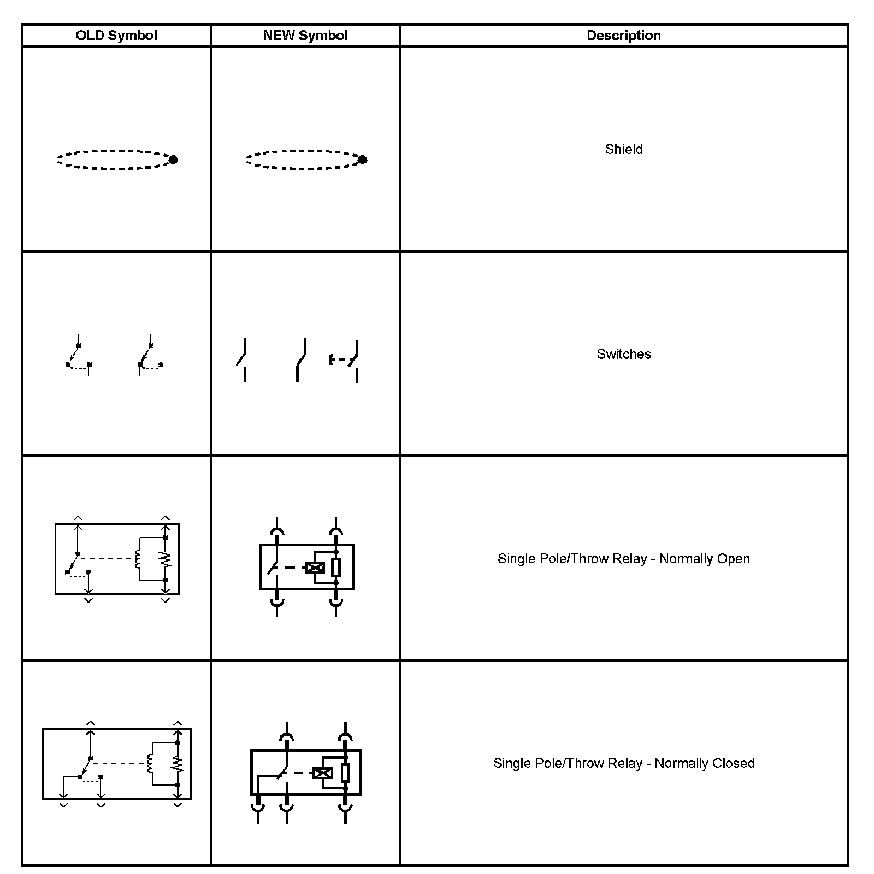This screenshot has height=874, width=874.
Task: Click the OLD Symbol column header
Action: [x=116, y=36]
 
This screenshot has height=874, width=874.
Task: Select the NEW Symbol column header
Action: [x=305, y=36]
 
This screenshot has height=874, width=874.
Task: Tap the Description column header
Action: [x=623, y=36]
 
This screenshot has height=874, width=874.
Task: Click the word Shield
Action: [x=623, y=149]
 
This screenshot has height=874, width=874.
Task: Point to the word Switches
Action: [x=623, y=354]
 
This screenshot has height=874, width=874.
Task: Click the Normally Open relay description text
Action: [x=623, y=559]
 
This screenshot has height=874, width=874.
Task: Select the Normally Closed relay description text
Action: [x=623, y=763]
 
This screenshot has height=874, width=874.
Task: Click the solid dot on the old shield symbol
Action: [x=173, y=160]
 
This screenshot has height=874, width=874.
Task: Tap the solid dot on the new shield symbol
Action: [x=362, y=160]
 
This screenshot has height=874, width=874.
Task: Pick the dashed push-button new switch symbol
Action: [x=344, y=361]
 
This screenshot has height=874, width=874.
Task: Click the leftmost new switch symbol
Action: [x=242, y=359]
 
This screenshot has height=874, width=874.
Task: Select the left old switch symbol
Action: [x=78, y=355]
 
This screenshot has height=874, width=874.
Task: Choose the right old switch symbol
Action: [x=150, y=355]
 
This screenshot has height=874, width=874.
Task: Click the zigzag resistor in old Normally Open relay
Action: [x=166, y=559]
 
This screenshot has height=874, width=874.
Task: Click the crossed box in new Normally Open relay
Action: [x=315, y=568]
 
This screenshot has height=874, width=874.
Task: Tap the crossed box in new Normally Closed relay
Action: [x=322, y=773]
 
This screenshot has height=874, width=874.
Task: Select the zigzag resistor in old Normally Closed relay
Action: [x=178, y=763]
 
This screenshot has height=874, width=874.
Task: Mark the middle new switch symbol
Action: [x=300, y=359]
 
